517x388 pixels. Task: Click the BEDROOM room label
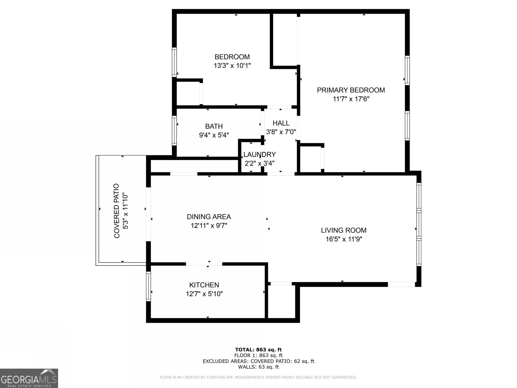click(232, 57)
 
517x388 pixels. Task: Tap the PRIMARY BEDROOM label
click(351, 90)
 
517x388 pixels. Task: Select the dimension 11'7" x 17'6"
click(351, 99)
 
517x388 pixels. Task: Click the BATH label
click(214, 126)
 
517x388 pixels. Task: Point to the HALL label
click(281, 123)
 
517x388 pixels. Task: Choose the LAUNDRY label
click(259, 155)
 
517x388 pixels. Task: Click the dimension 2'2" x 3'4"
click(259, 163)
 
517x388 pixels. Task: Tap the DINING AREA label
click(209, 217)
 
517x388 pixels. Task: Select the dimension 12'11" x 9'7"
click(209, 226)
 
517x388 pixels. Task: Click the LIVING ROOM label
click(343, 231)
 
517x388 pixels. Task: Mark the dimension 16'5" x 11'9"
click(343, 239)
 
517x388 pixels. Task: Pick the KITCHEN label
click(204, 285)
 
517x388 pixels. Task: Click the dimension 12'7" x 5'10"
click(204, 294)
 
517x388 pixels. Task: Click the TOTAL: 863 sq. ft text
click(258, 350)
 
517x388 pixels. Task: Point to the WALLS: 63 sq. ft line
click(258, 367)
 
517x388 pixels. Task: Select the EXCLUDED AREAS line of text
click(258, 361)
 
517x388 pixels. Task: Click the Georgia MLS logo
click(29, 378)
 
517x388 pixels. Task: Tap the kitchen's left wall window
click(149, 286)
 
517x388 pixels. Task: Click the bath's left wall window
click(174, 130)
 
